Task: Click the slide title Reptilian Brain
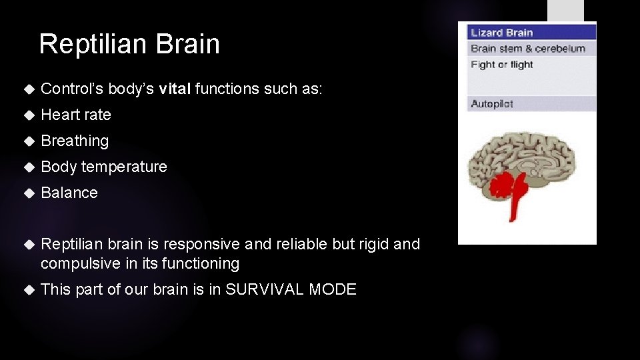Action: pos(129,44)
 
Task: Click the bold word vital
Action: pos(175,89)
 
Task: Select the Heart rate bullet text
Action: pos(76,115)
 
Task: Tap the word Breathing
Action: pos(75,141)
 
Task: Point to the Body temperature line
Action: pos(104,167)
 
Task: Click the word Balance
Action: pos(69,193)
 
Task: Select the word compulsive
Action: pos(80,264)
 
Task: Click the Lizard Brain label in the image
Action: pos(502,33)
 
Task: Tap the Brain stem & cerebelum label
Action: pos(528,49)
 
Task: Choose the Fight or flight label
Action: pos(502,65)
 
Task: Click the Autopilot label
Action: pos(492,104)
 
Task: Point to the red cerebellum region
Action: pos(499,183)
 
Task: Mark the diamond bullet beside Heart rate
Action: pos(28,115)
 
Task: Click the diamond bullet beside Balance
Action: pos(28,193)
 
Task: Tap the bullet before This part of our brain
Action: pos(28,289)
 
